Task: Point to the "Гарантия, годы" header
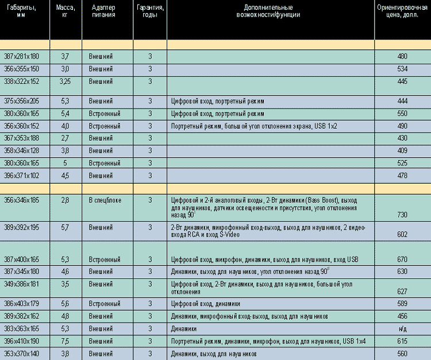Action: tap(149, 11)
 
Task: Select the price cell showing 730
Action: tap(402, 214)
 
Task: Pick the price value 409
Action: tap(402, 151)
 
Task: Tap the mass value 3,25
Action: tap(65, 81)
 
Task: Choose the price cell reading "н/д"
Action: tap(402, 328)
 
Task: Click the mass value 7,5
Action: tap(65, 341)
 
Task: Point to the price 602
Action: tap(402, 234)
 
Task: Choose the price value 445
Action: tap(402, 81)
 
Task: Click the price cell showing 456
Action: tap(402, 316)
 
